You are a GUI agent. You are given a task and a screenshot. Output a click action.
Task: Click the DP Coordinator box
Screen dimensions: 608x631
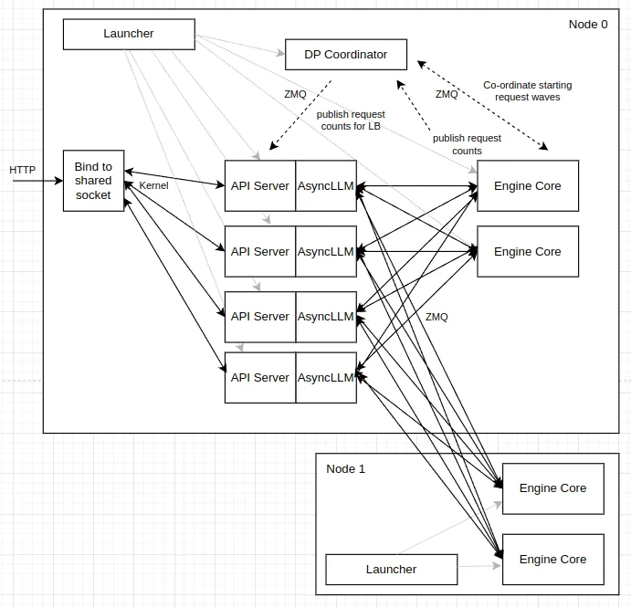(x=346, y=55)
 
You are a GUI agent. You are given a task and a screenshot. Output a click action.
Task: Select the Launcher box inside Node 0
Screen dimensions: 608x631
(x=129, y=34)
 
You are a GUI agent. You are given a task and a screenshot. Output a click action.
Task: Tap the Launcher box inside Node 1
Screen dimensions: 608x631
(x=391, y=570)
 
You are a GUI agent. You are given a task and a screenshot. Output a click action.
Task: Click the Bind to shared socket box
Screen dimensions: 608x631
(x=93, y=181)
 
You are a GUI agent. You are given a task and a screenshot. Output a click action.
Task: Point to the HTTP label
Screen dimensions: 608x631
(x=23, y=170)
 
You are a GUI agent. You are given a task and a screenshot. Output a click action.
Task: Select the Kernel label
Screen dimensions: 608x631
(x=153, y=186)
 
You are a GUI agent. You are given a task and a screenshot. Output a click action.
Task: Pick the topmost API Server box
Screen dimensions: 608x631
(x=259, y=186)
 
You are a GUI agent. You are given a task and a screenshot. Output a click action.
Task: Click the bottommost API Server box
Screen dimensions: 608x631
(x=259, y=378)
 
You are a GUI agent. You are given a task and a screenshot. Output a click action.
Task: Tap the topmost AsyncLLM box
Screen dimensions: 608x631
(x=326, y=186)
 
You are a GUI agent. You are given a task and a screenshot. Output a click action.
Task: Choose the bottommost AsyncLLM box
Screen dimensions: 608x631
(x=326, y=378)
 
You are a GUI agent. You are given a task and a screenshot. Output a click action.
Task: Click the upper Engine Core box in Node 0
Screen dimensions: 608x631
(x=528, y=186)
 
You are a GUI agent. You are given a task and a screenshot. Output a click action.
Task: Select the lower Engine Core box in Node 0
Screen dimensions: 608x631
(x=528, y=252)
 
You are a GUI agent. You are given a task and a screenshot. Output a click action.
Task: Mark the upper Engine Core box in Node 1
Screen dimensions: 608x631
(x=552, y=488)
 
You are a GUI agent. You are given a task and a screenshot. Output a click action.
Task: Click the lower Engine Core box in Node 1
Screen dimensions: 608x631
(x=552, y=560)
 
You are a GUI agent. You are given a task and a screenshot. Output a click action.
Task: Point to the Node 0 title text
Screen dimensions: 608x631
(x=587, y=25)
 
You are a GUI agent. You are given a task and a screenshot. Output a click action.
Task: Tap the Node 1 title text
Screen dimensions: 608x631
(x=345, y=469)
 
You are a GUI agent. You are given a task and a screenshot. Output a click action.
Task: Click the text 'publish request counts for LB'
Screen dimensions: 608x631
(x=351, y=121)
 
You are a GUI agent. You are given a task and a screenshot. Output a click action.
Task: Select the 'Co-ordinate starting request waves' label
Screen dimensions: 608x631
(x=528, y=91)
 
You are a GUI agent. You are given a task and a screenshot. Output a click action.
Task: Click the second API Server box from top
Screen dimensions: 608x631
(x=259, y=252)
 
